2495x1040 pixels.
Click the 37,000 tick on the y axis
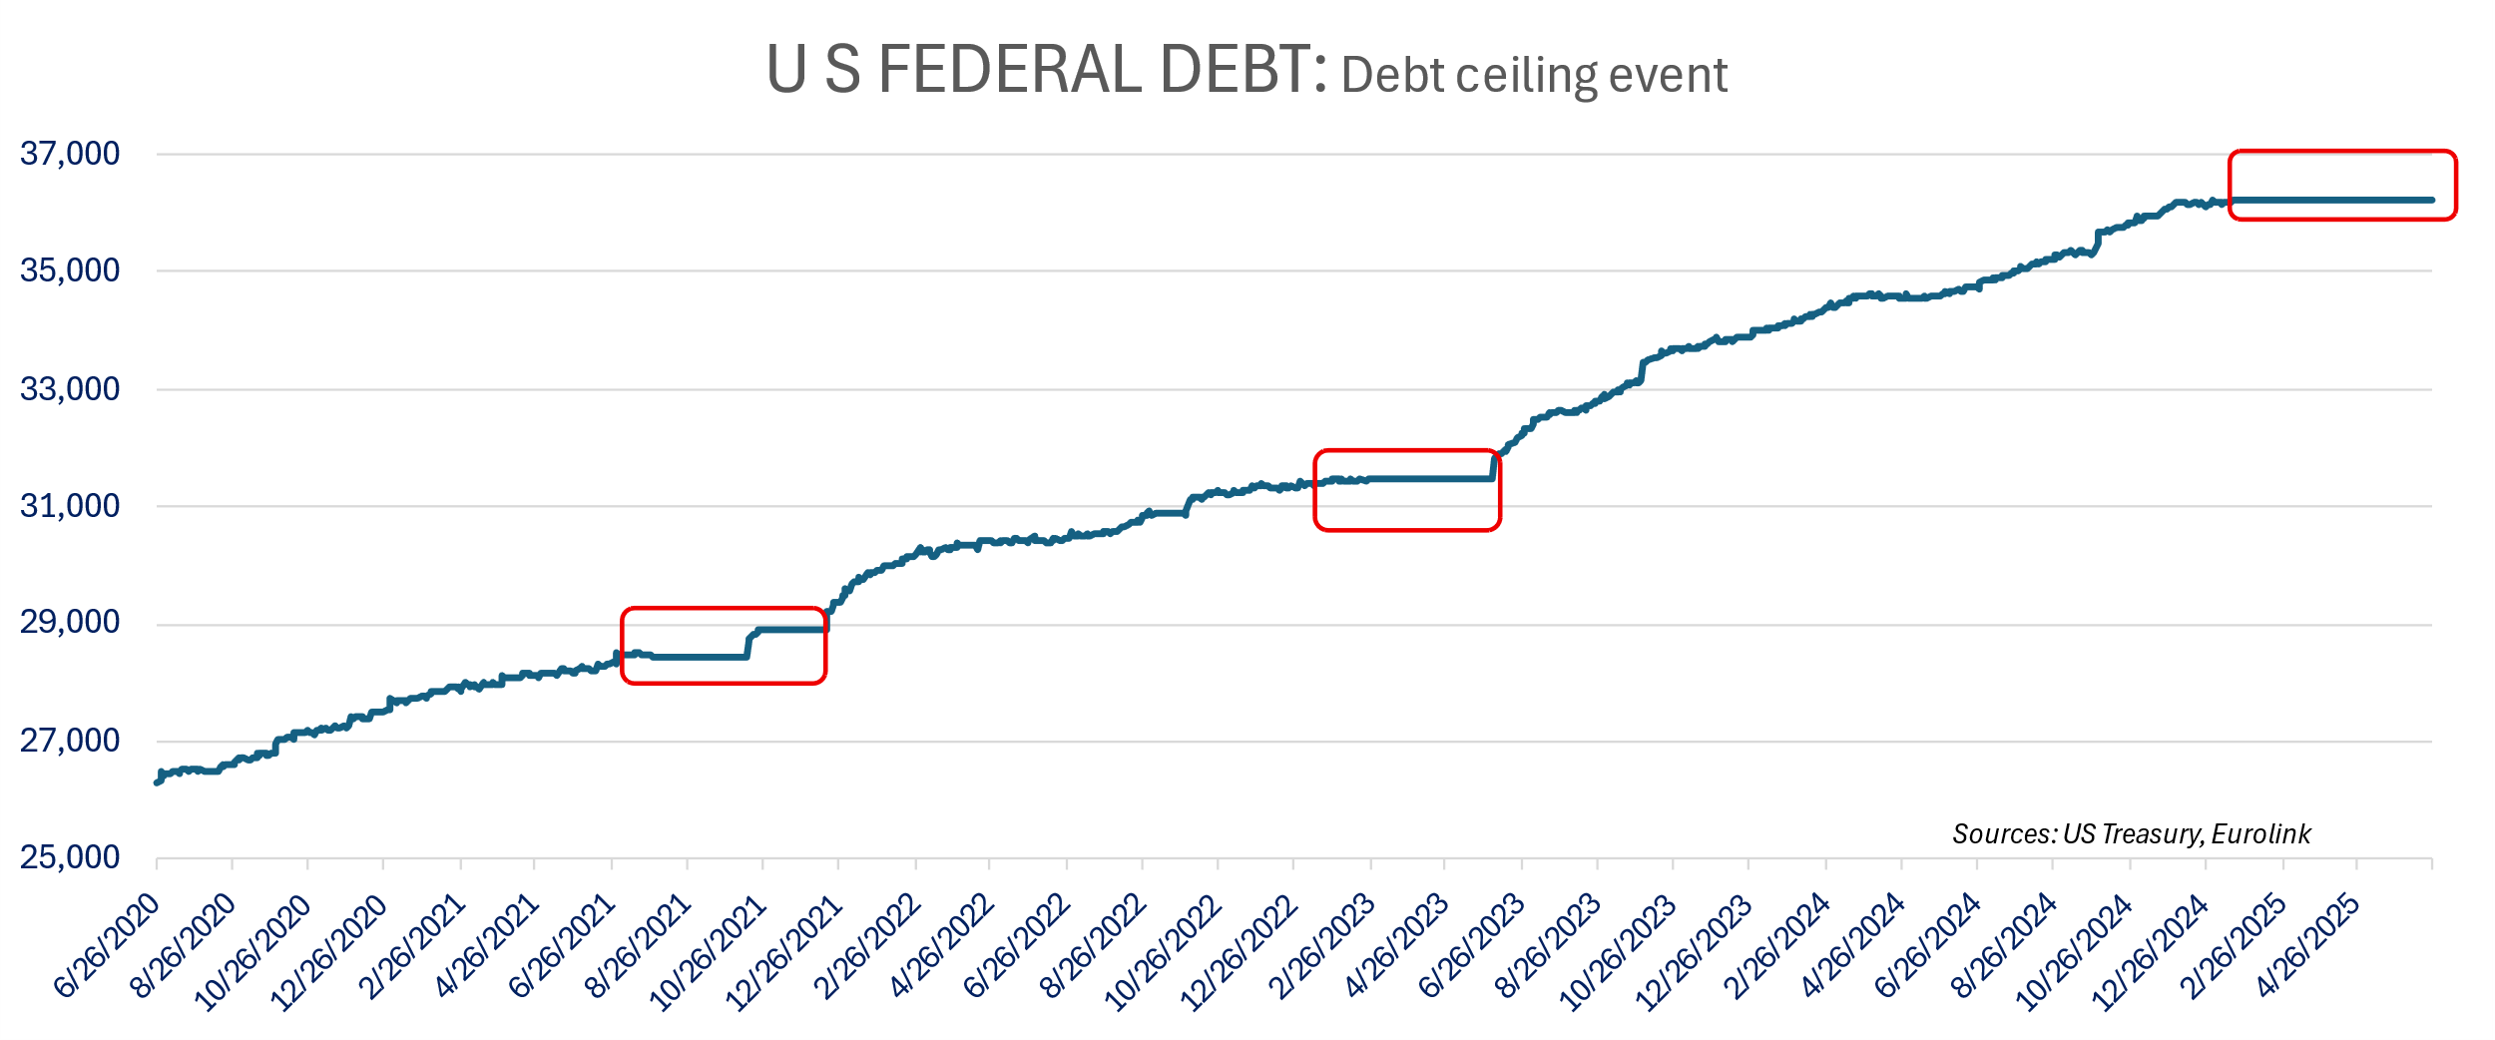click(70, 154)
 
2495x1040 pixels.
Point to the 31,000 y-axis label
click(70, 506)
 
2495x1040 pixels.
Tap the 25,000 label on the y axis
click(70, 857)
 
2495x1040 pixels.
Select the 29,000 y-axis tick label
click(70, 623)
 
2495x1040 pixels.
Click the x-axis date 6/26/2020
click(108, 944)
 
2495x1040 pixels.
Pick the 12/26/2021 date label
click(784, 952)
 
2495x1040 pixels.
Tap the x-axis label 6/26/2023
click(1473, 944)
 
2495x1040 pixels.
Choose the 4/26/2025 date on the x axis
click(2308, 944)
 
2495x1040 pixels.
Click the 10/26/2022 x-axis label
click(1164, 952)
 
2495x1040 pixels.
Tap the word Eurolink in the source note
click(2260, 834)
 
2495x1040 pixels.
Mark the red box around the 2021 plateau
click(724, 608)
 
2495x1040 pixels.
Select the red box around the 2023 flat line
click(1407, 451)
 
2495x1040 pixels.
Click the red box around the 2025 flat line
click(2342, 152)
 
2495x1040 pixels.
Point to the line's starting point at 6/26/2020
click(157, 782)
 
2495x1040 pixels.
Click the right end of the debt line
click(2432, 201)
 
